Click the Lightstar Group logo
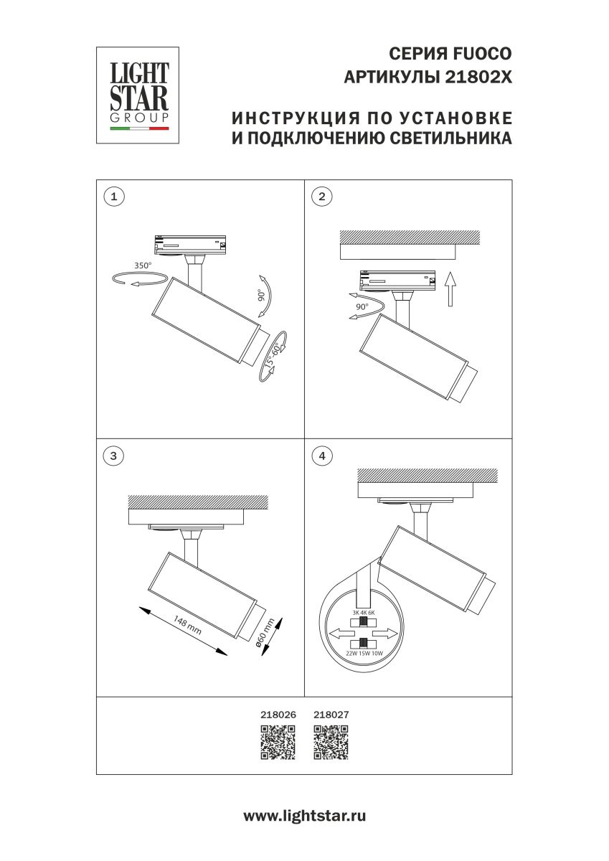click(138, 95)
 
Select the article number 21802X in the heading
click(479, 77)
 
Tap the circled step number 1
click(112, 195)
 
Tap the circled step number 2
click(321, 196)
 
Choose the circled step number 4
click(321, 455)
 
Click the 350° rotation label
click(143, 265)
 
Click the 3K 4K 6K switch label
click(364, 612)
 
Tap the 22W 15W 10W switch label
click(364, 654)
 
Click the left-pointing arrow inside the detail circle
click(342, 634)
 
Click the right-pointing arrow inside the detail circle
click(386, 634)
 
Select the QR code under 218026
click(278, 743)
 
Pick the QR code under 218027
click(331, 743)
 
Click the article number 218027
click(331, 715)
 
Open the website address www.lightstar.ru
click(305, 816)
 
